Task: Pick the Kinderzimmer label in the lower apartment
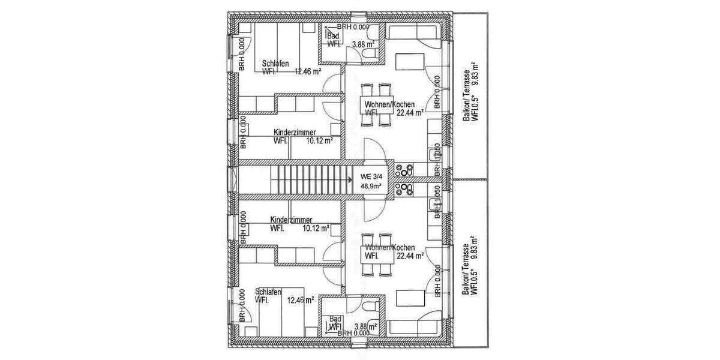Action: (x=291, y=220)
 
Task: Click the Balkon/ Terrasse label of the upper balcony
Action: (x=466, y=102)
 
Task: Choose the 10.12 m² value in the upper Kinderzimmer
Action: (x=319, y=141)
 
